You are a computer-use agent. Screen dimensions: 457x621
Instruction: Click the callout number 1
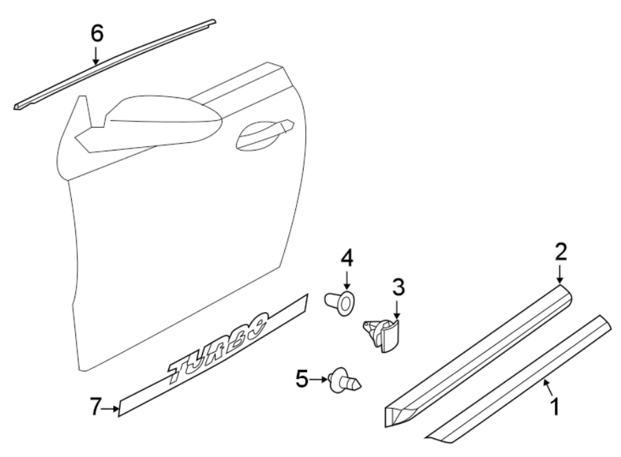(553, 406)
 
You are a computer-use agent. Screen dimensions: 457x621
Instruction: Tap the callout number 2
(560, 252)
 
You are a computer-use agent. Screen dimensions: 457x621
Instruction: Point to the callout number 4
(346, 260)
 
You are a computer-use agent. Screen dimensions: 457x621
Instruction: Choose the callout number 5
(301, 378)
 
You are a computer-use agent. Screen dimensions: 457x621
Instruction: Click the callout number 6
(97, 32)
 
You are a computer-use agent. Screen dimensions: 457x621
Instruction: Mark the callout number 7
(97, 409)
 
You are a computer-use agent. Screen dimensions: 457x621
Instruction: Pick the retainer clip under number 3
(384, 332)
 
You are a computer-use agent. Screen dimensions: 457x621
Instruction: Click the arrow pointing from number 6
(97, 56)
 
